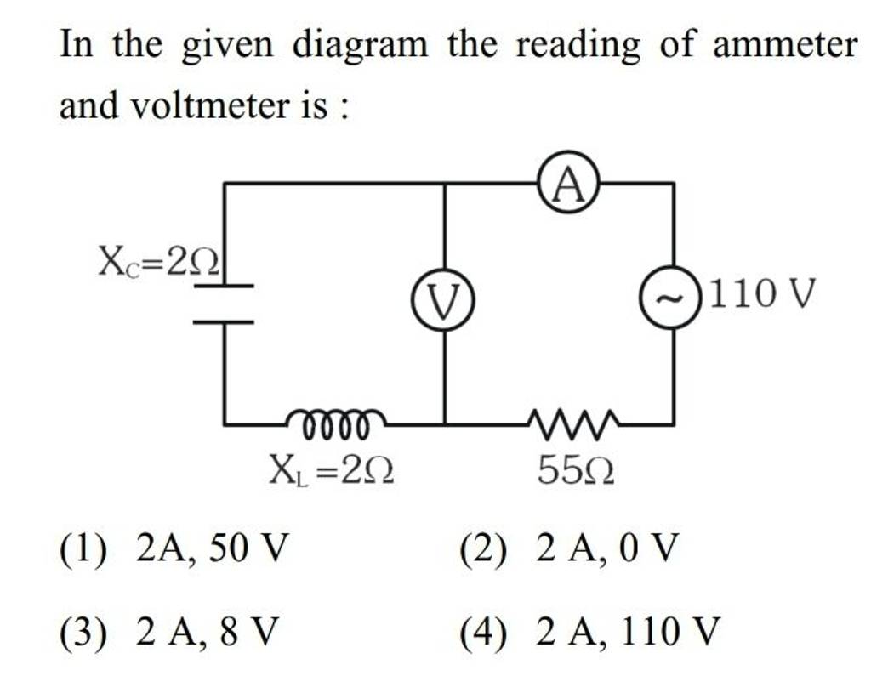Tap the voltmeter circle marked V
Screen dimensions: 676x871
point(446,300)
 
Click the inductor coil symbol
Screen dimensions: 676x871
point(335,420)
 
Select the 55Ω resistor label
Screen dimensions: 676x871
point(577,468)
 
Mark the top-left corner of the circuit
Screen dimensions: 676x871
point(225,183)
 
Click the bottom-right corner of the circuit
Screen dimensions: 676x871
point(674,423)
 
